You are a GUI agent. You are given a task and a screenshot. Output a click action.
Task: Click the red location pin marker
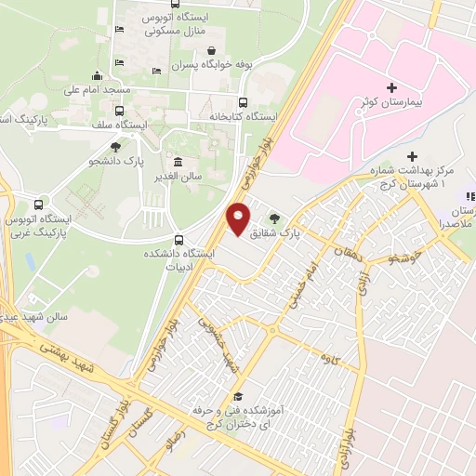tap(238, 218)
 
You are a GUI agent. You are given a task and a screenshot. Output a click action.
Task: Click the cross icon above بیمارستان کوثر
tap(391, 87)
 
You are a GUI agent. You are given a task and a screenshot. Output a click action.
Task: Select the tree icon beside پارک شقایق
tap(273, 218)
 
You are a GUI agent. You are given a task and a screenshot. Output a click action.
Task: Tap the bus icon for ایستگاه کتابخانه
tap(244, 102)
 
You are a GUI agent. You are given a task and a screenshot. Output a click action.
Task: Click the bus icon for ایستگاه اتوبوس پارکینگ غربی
tap(38, 205)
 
